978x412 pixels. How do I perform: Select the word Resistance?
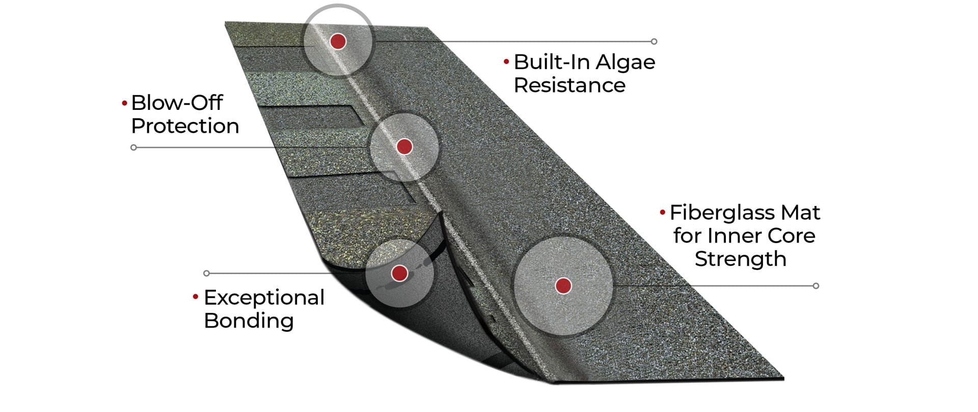point(569,85)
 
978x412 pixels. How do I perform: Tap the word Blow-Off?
point(177,103)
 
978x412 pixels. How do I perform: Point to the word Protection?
point(185,126)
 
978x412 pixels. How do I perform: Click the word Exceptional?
point(264,298)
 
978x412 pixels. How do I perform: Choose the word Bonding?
point(249,321)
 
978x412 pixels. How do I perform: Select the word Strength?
point(740,259)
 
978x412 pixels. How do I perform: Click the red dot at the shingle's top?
point(338,41)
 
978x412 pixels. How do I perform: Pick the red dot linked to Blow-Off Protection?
point(404,146)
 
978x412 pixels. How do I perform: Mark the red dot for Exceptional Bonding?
point(399,273)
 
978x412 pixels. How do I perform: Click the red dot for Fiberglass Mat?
point(563,286)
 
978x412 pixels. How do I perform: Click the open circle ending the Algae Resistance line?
point(654,41)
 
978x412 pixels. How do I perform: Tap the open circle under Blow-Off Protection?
point(133,148)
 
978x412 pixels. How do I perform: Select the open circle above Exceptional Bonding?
point(206,273)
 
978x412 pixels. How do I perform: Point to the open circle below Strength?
point(816,286)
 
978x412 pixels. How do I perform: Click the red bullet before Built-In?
point(506,62)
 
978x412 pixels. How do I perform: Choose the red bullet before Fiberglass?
point(662,212)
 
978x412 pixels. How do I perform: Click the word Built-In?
point(552,62)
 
